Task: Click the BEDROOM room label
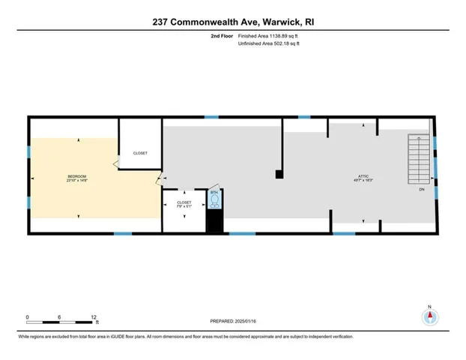76,175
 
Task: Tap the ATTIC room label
363,176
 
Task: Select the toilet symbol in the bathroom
215,201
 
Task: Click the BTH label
214,193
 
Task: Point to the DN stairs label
421,190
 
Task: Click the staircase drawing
418,158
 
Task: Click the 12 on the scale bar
94,317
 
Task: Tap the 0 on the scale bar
27,317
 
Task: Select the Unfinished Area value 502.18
283,44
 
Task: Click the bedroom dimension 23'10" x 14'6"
76,181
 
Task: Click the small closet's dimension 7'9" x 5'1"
184,207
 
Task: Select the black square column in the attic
279,175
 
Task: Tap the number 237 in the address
160,22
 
